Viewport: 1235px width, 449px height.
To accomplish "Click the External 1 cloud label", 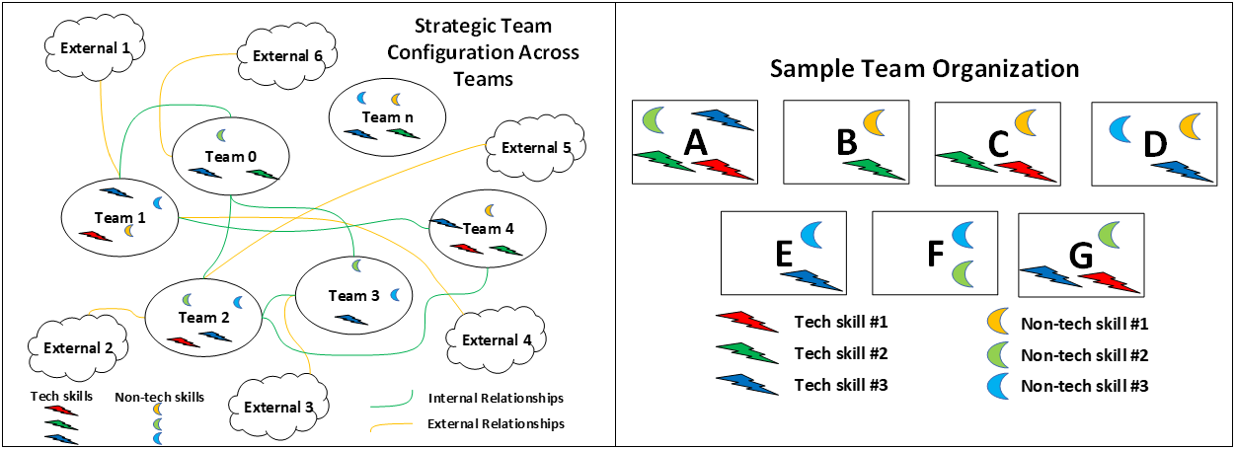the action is click(x=95, y=48).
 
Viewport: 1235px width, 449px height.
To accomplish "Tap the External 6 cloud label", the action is click(x=287, y=56).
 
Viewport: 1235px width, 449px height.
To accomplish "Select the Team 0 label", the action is click(x=230, y=157).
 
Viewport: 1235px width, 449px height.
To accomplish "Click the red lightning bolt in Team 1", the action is click(x=96, y=236).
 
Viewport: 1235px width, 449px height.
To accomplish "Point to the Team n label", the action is click(x=387, y=117).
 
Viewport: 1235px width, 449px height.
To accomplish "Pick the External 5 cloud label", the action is click(x=536, y=148).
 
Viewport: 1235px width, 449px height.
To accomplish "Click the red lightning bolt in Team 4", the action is click(x=467, y=249).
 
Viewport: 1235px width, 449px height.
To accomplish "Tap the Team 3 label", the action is click(x=354, y=296).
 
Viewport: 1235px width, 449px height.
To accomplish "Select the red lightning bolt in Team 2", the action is click(x=183, y=342).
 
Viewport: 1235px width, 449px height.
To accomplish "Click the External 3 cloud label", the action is click(x=278, y=408).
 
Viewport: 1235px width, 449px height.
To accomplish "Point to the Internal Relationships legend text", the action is click(x=496, y=398).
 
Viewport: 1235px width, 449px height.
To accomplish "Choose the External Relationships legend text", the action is click(x=496, y=423).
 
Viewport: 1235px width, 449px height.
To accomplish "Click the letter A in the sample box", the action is click(x=695, y=143).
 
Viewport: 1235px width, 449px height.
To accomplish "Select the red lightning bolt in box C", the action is click(x=1026, y=171).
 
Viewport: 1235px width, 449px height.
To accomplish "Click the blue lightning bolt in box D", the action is click(x=1183, y=171).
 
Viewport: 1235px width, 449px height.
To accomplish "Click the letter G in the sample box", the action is click(x=1081, y=256).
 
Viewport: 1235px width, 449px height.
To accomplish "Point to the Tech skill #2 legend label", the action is click(x=841, y=353).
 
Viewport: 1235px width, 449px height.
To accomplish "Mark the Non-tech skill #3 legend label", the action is click(x=1085, y=386).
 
